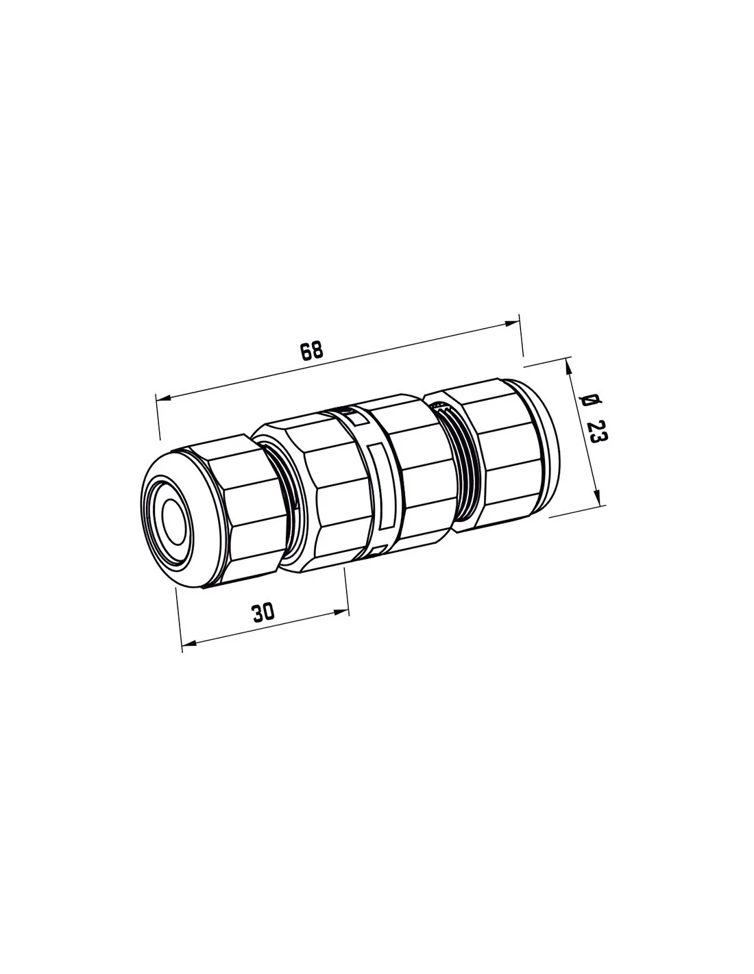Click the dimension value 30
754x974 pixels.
click(263, 612)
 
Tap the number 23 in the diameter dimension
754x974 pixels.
click(597, 432)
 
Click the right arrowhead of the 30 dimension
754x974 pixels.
click(341, 612)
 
